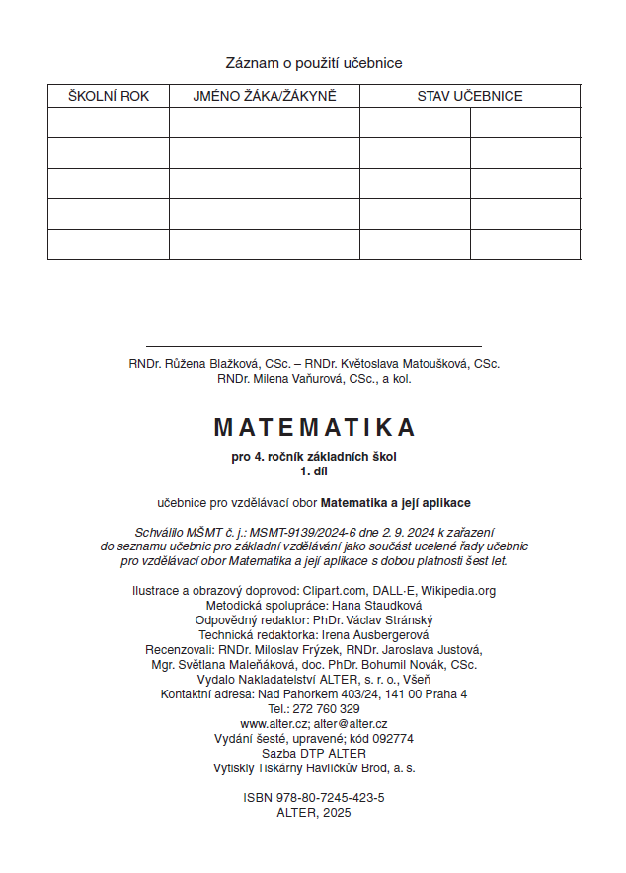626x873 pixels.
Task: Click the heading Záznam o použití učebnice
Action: click(x=314, y=63)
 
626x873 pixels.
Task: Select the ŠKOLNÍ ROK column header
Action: click(x=108, y=96)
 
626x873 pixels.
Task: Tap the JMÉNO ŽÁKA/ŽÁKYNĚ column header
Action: click(x=264, y=96)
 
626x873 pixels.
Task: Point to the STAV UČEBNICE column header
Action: click(x=469, y=96)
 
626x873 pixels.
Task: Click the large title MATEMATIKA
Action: click(x=314, y=427)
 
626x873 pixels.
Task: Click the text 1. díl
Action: click(x=313, y=471)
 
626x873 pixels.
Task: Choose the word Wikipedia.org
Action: click(x=457, y=591)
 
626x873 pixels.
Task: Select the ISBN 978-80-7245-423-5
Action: click(x=329, y=796)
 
